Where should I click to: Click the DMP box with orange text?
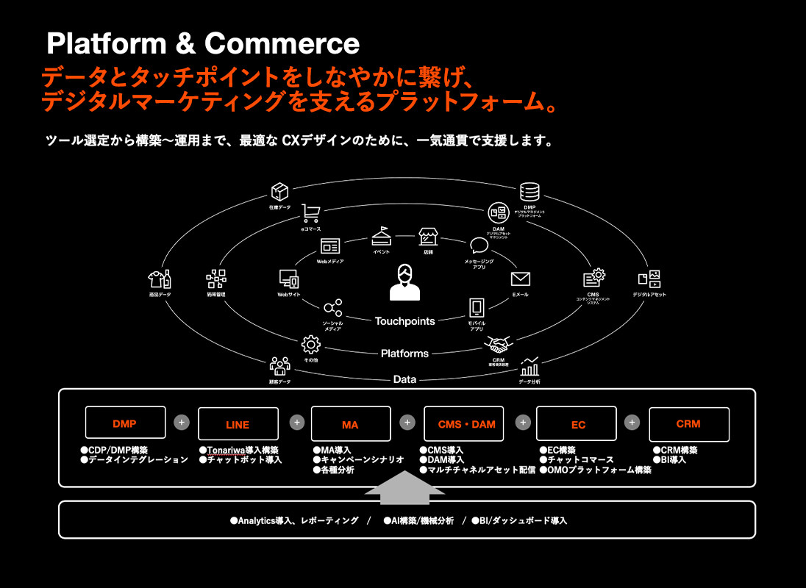pos(124,423)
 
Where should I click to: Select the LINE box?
pos(238,424)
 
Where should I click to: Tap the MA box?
pos(350,424)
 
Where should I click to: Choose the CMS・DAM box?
pos(463,423)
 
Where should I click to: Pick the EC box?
pos(577,424)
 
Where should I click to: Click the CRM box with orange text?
pos(688,423)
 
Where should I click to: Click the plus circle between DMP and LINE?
pos(182,423)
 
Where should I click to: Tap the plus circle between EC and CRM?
pos(632,423)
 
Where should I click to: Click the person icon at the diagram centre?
pos(404,282)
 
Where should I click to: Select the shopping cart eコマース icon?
pos(310,214)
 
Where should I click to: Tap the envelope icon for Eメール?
pos(521,279)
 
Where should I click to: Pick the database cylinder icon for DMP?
pos(529,192)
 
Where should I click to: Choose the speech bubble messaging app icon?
pos(479,246)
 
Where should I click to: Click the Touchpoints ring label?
pos(404,321)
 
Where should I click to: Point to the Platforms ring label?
pos(404,354)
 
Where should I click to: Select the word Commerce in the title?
pos(282,44)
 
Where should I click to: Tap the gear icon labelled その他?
pos(311,344)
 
